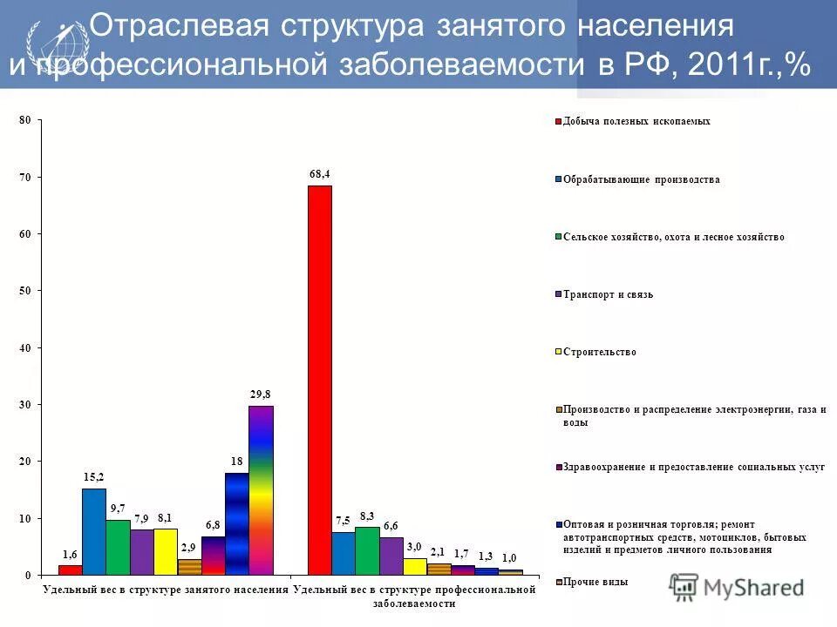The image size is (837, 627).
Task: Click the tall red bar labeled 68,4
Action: pyautogui.click(x=320, y=380)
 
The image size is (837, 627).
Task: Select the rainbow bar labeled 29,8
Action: pyautogui.click(x=261, y=490)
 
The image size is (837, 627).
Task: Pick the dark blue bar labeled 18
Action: pyautogui.click(x=237, y=523)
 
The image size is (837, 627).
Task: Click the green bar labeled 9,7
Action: pyautogui.click(x=118, y=547)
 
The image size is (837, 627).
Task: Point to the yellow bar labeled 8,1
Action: pyautogui.click(x=166, y=551)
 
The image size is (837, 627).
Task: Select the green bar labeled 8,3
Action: pyautogui.click(x=367, y=550)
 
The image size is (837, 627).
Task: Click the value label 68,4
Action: pyautogui.click(x=320, y=174)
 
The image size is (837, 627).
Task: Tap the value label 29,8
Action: pyautogui.click(x=261, y=394)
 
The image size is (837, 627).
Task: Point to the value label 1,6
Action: pyautogui.click(x=70, y=554)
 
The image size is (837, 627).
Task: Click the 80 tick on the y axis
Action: pyautogui.click(x=26, y=120)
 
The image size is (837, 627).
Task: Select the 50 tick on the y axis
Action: pyautogui.click(x=26, y=291)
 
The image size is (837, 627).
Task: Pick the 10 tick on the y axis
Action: pyautogui.click(x=26, y=518)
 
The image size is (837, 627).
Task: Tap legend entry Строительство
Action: pyautogui.click(x=600, y=352)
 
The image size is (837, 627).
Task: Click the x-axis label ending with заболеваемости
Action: pyautogui.click(x=414, y=597)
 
